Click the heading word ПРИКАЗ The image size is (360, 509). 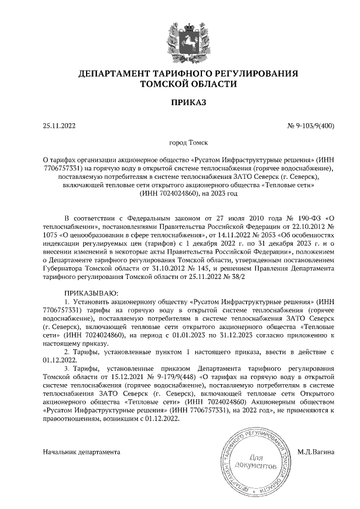[180, 102]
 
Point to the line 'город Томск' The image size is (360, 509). [180, 144]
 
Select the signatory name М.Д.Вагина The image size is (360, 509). [315, 452]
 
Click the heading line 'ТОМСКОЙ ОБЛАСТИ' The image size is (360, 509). [180, 84]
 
